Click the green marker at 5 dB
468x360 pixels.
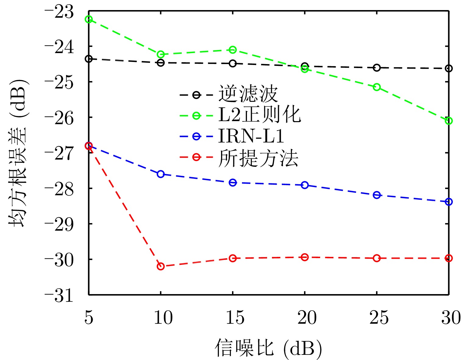[x=89, y=20]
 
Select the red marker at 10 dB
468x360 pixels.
[x=161, y=266]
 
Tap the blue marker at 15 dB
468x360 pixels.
[x=233, y=183]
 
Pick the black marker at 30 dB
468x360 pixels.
[x=448, y=69]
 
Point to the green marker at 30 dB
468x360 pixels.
[x=448, y=121]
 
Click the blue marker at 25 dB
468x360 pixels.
[x=377, y=195]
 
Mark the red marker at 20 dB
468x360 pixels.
[x=305, y=257]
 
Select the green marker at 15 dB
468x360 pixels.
[x=233, y=50]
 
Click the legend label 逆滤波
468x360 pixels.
[x=248, y=94]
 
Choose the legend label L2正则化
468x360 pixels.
[x=259, y=115]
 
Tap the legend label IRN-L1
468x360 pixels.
[x=251, y=136]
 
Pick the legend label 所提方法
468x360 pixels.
[x=258, y=158]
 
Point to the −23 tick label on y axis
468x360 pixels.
[x=59, y=12]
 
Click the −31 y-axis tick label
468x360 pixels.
[x=59, y=295]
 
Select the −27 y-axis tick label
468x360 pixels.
[x=59, y=153]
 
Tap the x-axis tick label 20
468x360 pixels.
[x=307, y=318]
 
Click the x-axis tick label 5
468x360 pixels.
[x=89, y=318]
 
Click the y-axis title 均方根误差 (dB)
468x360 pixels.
[x=17, y=153]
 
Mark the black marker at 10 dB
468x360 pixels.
[x=161, y=63]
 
